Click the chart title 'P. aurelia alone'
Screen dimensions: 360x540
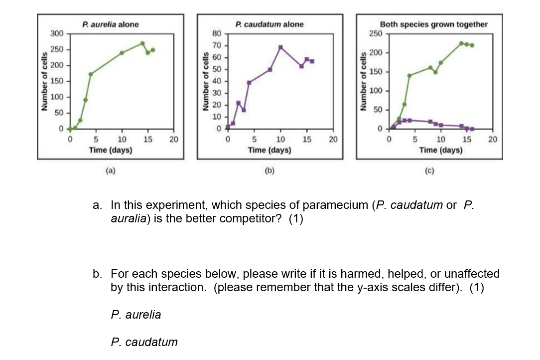[111, 24]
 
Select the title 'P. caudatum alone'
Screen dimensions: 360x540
[270, 24]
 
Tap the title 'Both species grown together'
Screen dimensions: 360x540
[433, 24]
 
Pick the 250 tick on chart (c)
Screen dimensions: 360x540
[375, 33]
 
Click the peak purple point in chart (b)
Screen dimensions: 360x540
[280, 47]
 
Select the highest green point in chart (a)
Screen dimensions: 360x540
[142, 43]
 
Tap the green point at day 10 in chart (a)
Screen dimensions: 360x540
[122, 53]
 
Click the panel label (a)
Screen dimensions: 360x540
[111, 171]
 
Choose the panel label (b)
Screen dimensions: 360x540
[270, 171]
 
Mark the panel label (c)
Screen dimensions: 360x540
[429, 171]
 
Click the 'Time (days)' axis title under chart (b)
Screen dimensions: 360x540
[270, 150]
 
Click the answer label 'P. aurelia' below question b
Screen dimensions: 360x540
[136, 315]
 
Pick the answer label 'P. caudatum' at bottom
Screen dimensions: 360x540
[144, 342]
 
